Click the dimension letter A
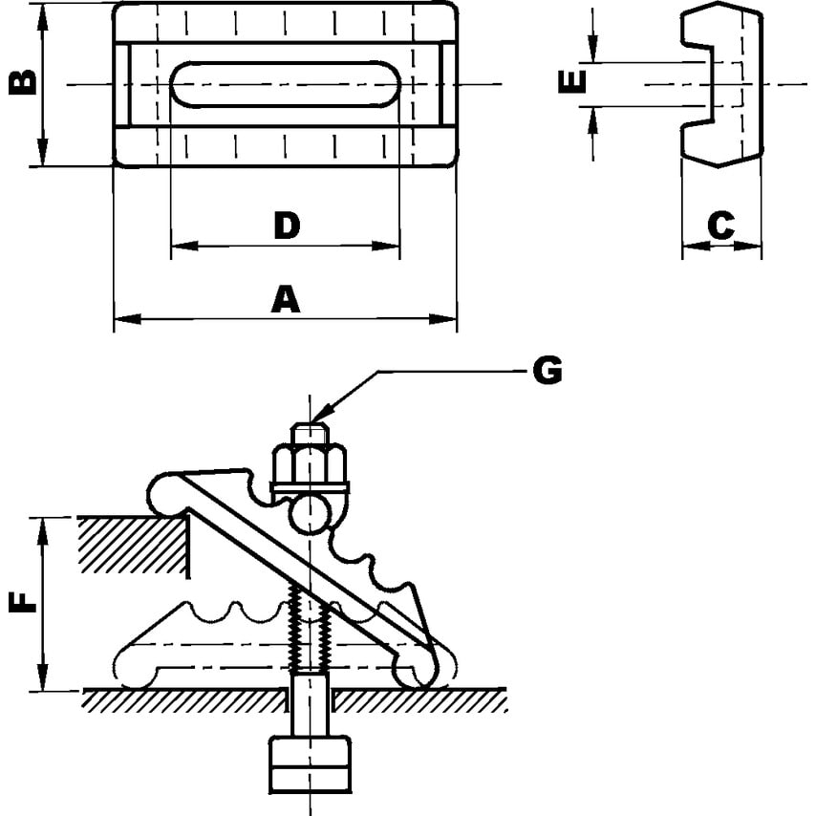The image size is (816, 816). click(x=285, y=299)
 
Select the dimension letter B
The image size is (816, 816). click(x=23, y=83)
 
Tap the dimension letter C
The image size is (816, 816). click(x=721, y=225)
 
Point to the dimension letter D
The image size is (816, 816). click(x=286, y=225)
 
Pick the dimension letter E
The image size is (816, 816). click(x=571, y=84)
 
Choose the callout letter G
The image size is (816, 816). click(x=547, y=370)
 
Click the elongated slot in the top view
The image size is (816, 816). click(x=285, y=84)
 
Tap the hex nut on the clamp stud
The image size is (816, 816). click(x=311, y=464)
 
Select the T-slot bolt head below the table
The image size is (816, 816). click(x=311, y=763)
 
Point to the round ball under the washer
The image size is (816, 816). click(x=311, y=514)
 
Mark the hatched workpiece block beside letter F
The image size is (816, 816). click(x=134, y=545)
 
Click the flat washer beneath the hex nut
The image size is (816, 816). click(x=311, y=488)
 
